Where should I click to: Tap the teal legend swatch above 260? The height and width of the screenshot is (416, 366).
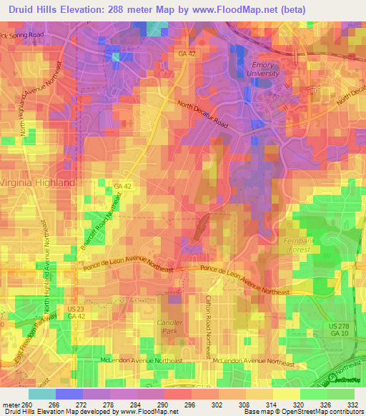click(x=41, y=394)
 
